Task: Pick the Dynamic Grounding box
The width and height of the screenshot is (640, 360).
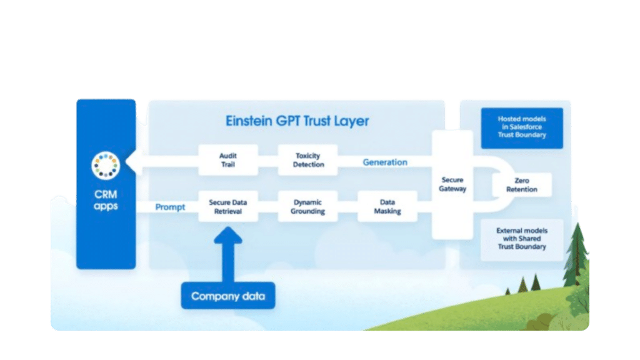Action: click(x=308, y=207)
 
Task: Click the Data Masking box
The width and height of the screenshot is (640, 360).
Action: click(x=387, y=207)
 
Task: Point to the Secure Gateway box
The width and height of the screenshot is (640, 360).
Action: click(x=452, y=184)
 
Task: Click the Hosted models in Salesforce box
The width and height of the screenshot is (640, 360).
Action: click(x=521, y=127)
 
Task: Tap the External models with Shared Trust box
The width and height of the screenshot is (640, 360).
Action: click(x=521, y=239)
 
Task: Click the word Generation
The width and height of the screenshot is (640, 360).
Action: click(x=385, y=162)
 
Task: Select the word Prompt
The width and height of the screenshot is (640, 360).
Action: click(x=170, y=207)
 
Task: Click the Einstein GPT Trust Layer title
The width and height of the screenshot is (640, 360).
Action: click(x=297, y=121)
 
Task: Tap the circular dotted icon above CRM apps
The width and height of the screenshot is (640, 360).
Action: click(x=106, y=164)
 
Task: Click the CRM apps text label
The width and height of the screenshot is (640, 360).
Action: click(x=106, y=199)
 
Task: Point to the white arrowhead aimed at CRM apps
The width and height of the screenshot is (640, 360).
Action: click(x=132, y=163)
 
